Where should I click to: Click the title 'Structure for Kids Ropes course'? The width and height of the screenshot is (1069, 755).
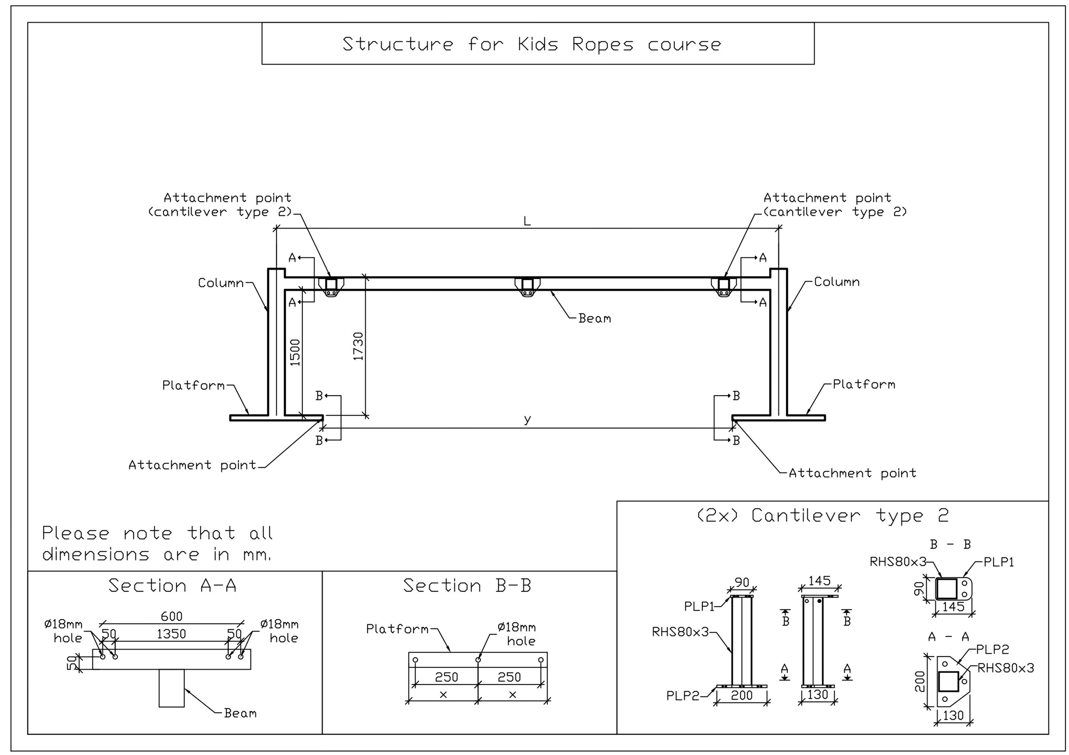tap(532, 44)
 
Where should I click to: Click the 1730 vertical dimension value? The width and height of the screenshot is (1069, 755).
tap(358, 346)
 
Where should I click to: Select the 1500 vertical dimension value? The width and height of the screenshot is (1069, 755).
tap(295, 352)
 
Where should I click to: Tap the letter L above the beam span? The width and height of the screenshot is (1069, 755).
tap(527, 221)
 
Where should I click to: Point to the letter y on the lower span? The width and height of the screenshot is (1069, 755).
tap(527, 419)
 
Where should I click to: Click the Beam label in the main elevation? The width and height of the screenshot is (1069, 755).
tap(595, 318)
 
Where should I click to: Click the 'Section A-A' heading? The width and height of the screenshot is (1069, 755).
tap(172, 586)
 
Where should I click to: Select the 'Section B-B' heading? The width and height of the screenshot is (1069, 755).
tap(467, 586)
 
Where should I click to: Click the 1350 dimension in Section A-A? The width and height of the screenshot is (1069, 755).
tap(171, 634)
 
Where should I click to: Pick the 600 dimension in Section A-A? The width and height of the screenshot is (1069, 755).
tap(171, 616)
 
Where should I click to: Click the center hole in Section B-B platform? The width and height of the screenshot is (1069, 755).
tap(478, 659)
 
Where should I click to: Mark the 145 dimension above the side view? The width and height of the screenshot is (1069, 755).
tap(819, 581)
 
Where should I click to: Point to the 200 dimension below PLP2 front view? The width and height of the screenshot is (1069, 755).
tap(742, 695)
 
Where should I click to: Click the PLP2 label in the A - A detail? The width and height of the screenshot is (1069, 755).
tap(992, 649)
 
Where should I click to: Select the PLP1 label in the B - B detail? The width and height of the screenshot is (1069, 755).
tap(998, 562)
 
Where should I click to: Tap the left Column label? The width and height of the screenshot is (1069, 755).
tap(221, 283)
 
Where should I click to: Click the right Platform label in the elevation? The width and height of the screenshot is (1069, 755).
tap(864, 384)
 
